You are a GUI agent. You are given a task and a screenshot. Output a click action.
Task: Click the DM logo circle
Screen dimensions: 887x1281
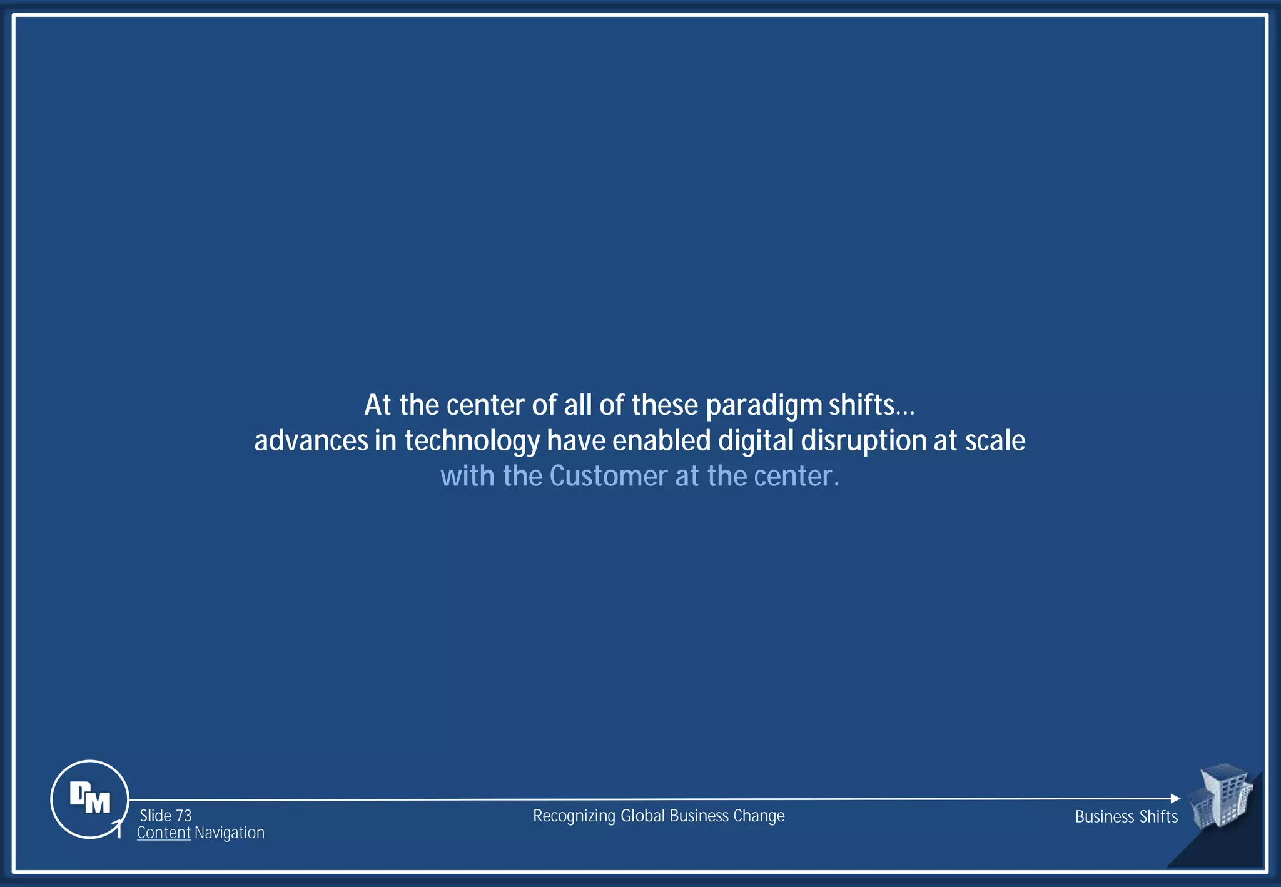89,799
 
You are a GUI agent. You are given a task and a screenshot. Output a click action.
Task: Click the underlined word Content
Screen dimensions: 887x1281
164,833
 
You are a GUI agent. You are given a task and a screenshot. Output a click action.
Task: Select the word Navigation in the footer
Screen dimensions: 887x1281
230,833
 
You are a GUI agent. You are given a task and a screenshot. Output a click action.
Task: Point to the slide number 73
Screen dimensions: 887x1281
184,816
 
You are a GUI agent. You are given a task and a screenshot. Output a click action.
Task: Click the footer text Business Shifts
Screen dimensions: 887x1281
1126,816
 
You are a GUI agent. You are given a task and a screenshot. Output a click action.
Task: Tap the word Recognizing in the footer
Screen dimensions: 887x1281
574,816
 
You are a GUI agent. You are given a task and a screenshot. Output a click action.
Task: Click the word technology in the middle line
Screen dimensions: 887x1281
472,442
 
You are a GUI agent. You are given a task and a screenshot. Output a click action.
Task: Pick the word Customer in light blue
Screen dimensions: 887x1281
609,476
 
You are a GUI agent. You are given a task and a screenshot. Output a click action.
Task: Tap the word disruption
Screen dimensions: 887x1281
864,441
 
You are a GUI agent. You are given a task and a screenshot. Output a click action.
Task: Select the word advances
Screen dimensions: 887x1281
311,441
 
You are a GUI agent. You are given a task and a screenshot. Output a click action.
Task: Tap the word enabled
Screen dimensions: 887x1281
662,441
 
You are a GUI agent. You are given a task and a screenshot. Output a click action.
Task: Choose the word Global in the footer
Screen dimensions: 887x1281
642,816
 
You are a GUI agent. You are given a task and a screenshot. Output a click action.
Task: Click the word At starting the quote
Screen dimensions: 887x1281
378,405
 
